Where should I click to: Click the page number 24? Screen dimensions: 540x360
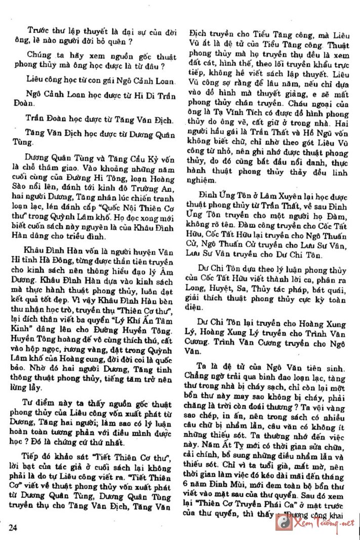pos(14,527)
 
